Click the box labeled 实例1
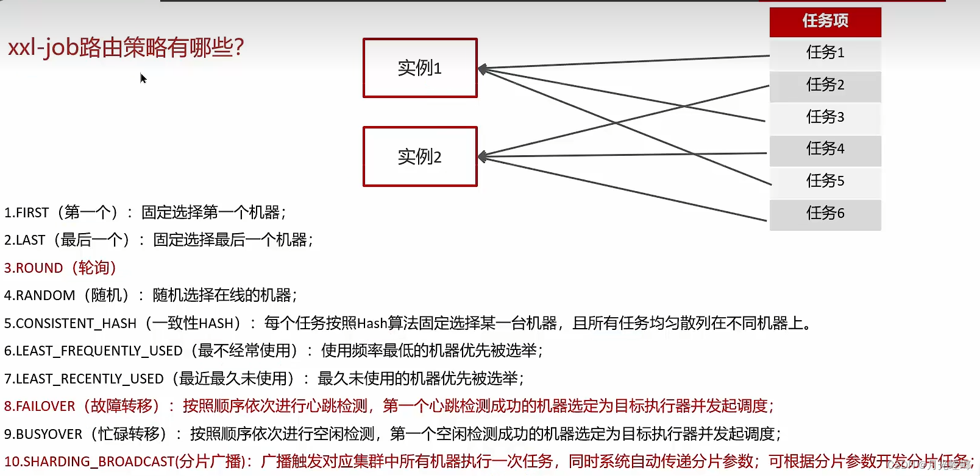(420, 68)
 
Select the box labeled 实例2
(420, 156)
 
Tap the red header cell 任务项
(825, 21)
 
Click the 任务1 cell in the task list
(825, 53)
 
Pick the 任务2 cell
(825, 85)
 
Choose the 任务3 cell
(825, 117)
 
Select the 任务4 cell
(825, 149)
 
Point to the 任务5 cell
(825, 181)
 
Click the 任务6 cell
(825, 214)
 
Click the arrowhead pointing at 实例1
(482, 69)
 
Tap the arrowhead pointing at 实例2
(482, 157)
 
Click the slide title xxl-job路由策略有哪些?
(126, 47)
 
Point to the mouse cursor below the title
(143, 78)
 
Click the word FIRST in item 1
(32, 213)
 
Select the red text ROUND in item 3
(39, 268)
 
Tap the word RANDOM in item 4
(45, 296)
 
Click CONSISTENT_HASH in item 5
(76, 324)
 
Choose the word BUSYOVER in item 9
(49, 435)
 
